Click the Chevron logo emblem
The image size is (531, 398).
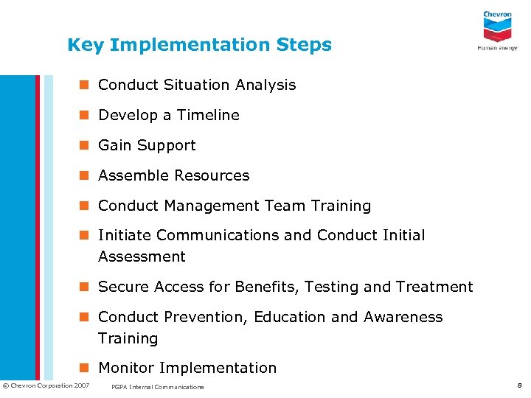pos(497,28)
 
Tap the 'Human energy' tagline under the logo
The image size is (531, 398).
pos(497,48)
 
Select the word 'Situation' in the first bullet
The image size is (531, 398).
pos(195,85)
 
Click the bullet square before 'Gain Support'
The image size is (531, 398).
pos(86,146)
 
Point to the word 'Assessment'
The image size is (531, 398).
pos(142,256)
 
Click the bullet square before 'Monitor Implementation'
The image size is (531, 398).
pos(86,368)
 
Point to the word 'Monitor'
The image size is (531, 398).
pos(126,368)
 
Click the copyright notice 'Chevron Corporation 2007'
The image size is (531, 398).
pos(46,385)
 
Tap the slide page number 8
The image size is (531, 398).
pos(518,385)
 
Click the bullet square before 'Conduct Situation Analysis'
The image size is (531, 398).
pos(86,85)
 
